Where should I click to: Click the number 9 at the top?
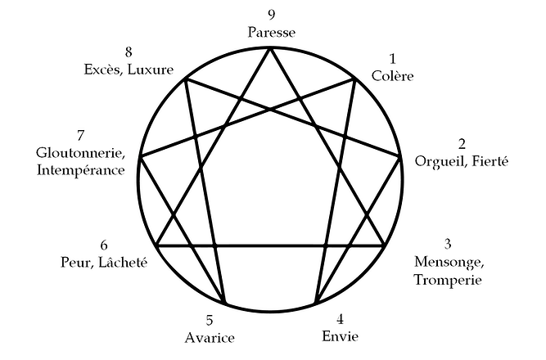point(271,15)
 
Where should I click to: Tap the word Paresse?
point(271,32)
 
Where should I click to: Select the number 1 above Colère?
point(392,59)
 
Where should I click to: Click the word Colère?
point(392,76)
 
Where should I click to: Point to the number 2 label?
point(462,143)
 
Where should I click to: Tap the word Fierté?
point(489,161)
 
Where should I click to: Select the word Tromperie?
point(447,281)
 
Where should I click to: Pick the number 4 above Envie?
point(341,317)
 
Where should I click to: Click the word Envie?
point(340,335)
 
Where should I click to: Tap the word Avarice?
point(210,338)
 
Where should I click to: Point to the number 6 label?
point(103,245)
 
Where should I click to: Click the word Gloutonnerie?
point(79,152)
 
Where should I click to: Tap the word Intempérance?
point(80,170)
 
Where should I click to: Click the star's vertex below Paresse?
point(271,49)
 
